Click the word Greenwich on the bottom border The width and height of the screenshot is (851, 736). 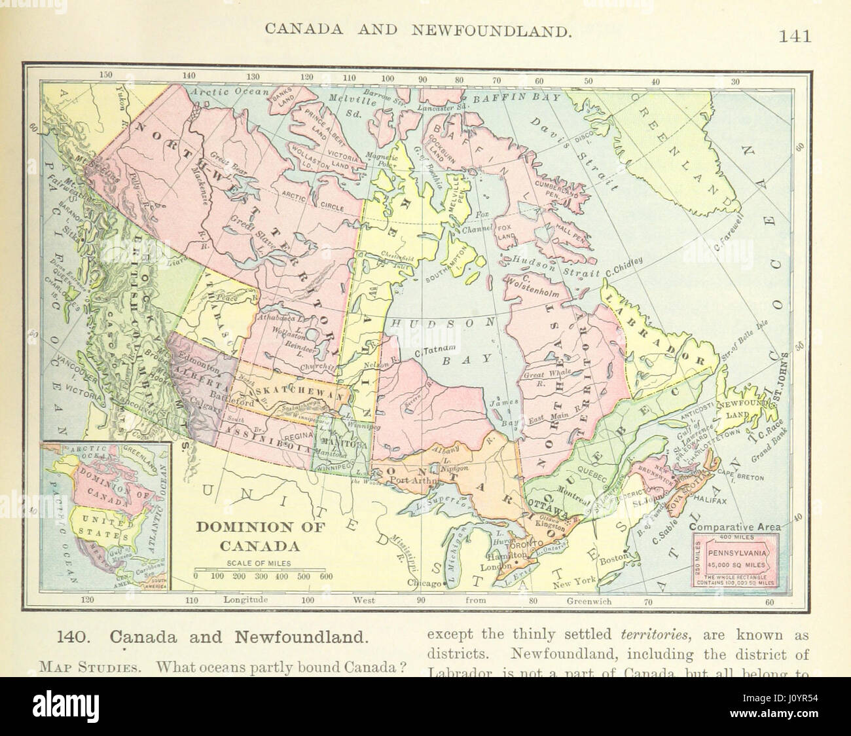coord(589,598)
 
